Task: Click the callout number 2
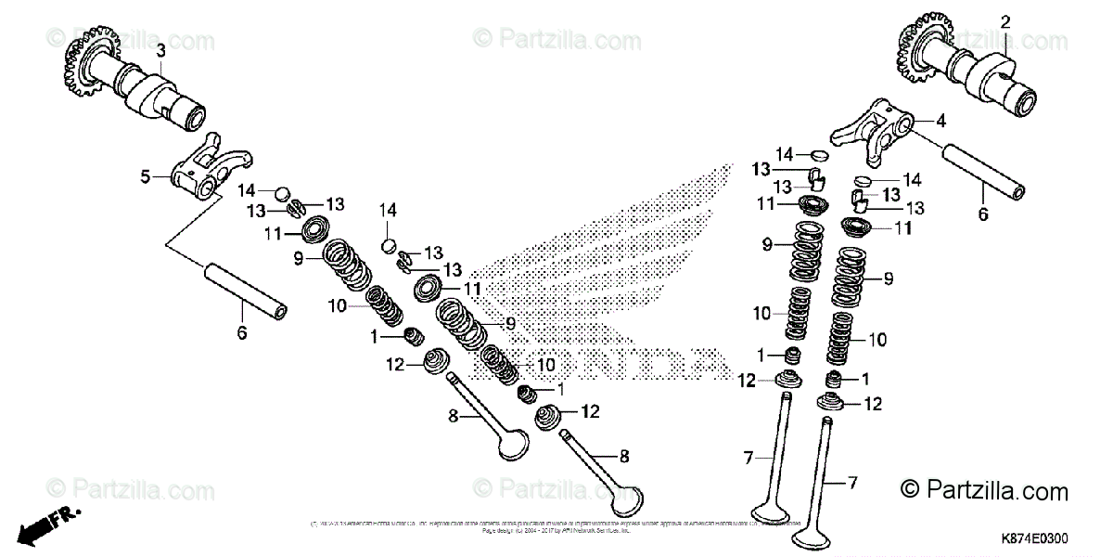(x=1004, y=20)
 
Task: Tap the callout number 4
(x=940, y=121)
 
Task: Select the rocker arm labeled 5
(x=197, y=168)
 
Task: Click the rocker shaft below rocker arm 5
(x=244, y=293)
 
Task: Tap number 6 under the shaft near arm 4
(x=983, y=214)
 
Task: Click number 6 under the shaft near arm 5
(x=242, y=333)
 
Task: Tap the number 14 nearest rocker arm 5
(x=247, y=189)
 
